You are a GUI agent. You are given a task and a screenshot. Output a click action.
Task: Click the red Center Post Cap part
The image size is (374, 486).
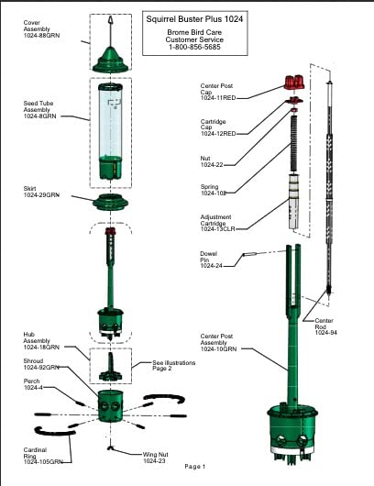point(294,83)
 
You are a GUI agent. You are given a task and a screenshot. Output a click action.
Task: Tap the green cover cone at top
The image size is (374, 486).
point(111,60)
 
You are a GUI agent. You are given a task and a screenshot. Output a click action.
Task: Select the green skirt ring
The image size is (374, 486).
point(110,202)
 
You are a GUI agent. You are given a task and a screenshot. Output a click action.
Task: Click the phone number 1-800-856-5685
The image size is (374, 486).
point(194,47)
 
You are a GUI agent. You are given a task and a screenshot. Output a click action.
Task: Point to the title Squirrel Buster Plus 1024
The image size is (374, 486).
point(194,19)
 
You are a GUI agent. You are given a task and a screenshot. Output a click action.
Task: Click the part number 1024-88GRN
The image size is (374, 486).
point(41,36)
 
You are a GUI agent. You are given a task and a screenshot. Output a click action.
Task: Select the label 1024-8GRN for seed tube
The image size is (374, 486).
point(40,116)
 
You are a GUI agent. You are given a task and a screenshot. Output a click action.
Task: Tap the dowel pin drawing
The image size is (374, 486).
point(249,255)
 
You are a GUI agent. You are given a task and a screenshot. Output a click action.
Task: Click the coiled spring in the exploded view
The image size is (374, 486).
point(294,143)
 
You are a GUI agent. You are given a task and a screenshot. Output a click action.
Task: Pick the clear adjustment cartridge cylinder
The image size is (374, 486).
point(293,202)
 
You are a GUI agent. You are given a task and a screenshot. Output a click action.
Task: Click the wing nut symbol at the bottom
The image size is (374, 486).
point(110,447)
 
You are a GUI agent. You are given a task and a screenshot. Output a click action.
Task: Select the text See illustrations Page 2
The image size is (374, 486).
point(174,366)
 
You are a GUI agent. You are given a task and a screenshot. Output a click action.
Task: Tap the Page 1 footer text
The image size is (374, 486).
point(195,466)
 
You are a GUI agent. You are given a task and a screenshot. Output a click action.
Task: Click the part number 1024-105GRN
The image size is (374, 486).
point(43,462)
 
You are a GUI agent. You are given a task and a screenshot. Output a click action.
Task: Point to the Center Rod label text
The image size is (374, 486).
point(324,324)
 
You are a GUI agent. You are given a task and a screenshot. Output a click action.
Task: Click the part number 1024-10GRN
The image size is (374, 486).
point(218,349)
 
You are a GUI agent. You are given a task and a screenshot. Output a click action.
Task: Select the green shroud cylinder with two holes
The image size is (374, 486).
point(110,406)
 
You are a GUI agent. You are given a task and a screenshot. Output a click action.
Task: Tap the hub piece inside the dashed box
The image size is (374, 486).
point(111,367)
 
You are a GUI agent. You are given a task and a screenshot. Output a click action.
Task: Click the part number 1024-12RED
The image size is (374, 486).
point(218,134)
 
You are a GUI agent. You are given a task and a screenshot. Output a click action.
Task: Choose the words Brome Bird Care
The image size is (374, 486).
point(194,32)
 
